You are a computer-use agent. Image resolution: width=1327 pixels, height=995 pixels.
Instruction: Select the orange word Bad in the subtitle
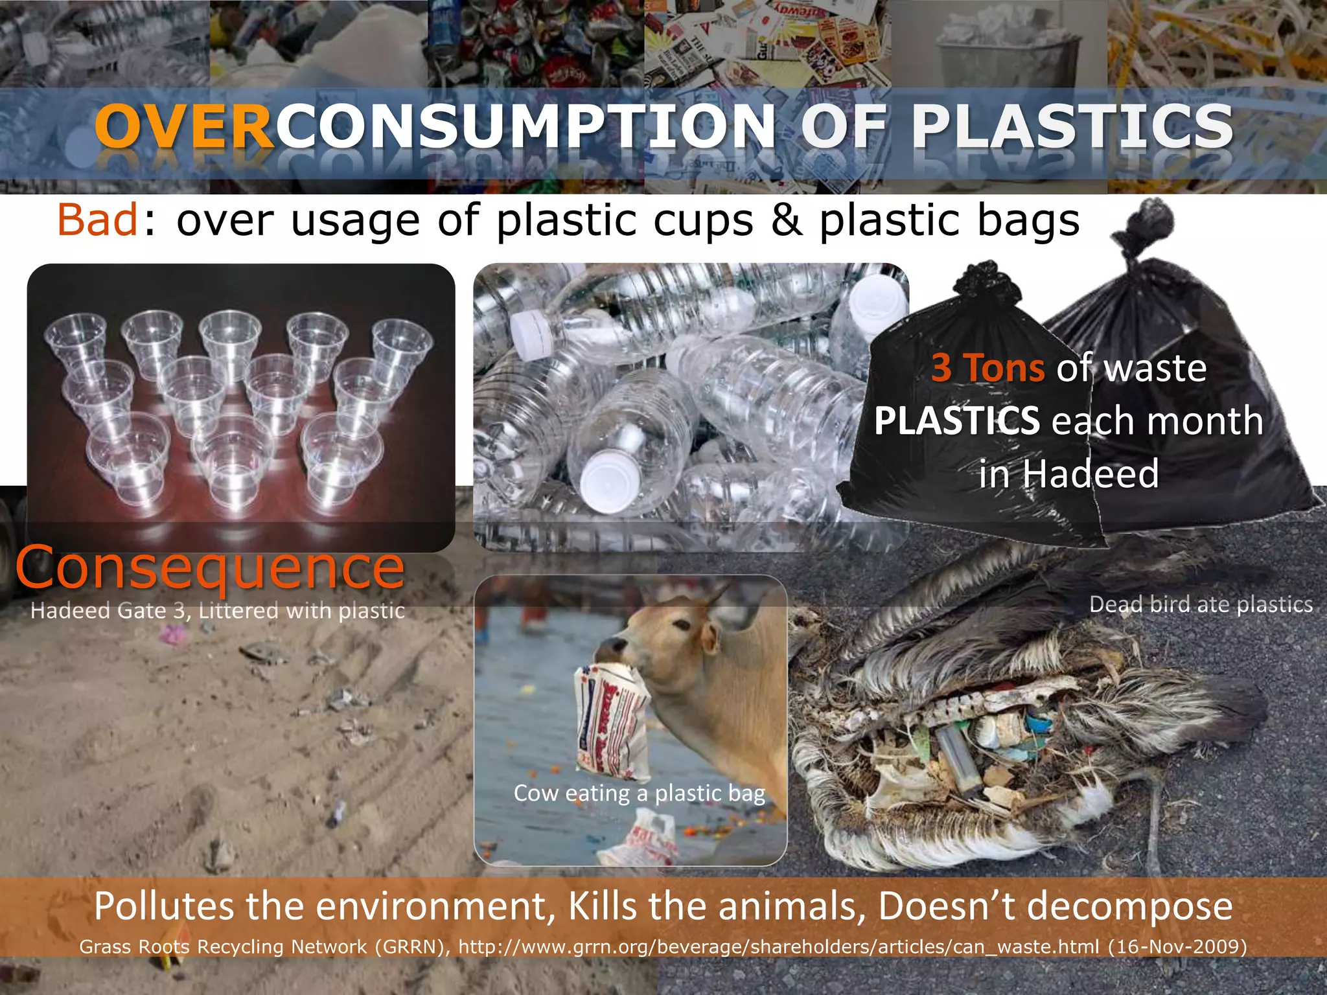click(97, 220)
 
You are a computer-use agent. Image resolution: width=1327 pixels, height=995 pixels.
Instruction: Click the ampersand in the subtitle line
click(786, 220)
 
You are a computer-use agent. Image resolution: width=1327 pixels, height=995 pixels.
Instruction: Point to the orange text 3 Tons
click(987, 368)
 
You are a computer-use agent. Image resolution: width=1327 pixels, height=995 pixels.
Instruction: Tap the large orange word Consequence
click(211, 567)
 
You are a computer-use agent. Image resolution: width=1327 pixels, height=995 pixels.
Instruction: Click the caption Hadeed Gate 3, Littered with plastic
click(217, 610)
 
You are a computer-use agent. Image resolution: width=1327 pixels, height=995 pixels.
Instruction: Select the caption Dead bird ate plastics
click(1201, 604)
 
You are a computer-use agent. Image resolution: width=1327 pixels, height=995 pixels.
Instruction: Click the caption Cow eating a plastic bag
click(639, 793)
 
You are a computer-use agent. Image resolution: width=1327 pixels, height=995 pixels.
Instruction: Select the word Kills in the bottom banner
click(604, 906)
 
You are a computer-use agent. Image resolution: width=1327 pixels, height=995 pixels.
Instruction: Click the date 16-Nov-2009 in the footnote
click(1177, 946)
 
